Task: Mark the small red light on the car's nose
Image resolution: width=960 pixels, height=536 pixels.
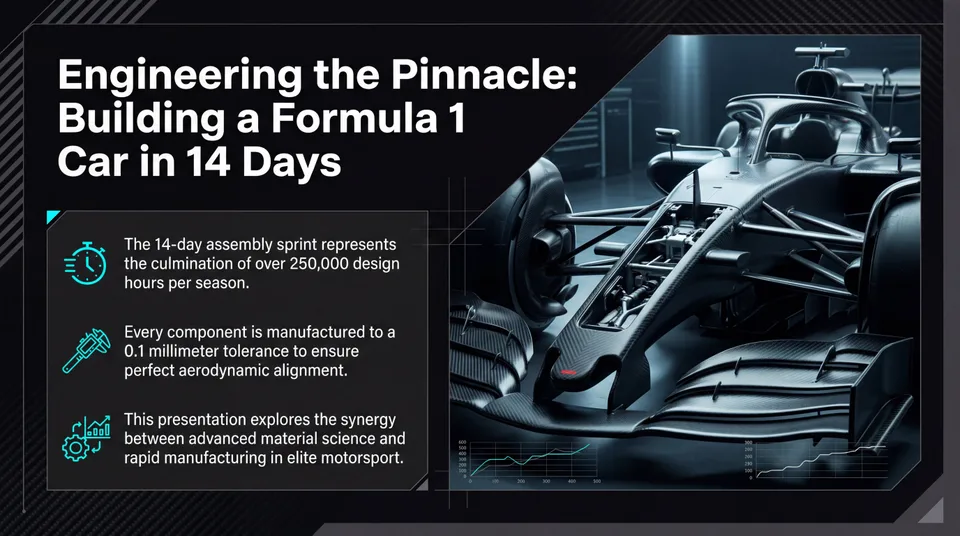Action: pos(568,372)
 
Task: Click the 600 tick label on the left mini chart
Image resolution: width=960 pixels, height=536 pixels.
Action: pos(462,443)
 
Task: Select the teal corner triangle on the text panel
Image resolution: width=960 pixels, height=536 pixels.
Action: pos(53,216)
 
